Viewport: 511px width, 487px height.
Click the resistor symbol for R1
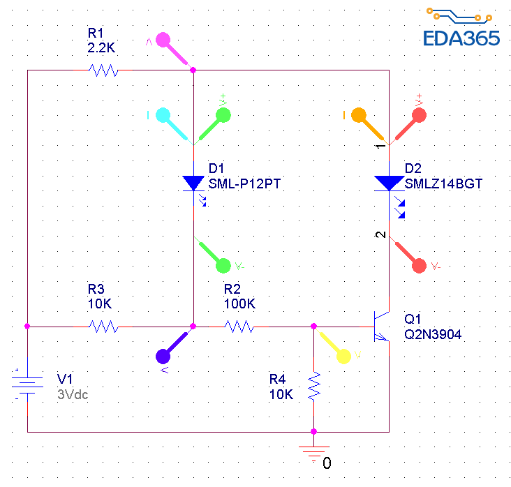(x=103, y=70)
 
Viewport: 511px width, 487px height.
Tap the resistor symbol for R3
(x=103, y=326)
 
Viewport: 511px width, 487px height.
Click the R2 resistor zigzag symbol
(x=239, y=326)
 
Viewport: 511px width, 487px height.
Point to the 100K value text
(x=239, y=304)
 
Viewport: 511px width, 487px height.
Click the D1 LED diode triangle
(x=193, y=183)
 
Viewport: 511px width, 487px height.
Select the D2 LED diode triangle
(x=388, y=183)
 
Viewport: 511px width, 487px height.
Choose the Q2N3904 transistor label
(x=433, y=334)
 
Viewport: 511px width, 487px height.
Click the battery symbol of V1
(x=27, y=383)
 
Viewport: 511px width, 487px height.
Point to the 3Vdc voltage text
(x=73, y=393)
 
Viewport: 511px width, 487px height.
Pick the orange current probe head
(x=359, y=114)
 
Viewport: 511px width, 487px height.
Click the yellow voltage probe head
(x=343, y=356)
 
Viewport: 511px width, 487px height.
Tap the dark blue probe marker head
(x=164, y=356)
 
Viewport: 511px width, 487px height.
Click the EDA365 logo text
(x=461, y=38)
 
